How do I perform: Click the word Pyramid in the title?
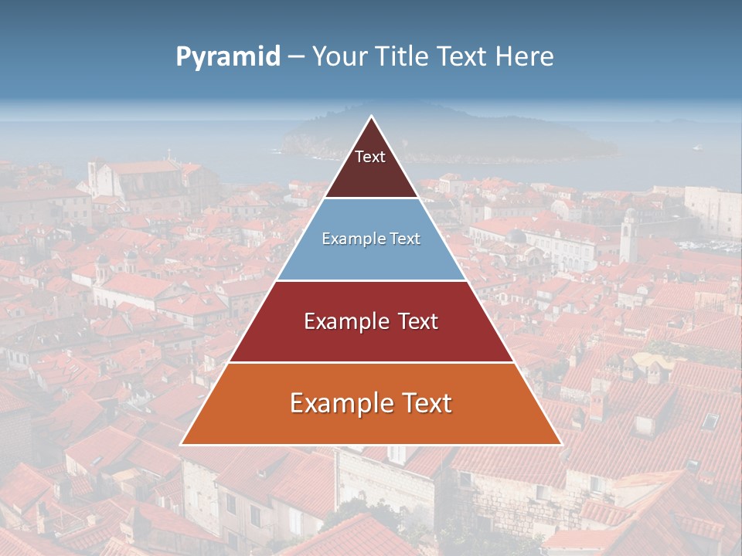tap(228, 57)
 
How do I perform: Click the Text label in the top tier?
tap(370, 157)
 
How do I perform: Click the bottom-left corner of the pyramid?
tap(182, 444)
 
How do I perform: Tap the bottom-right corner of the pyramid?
tap(560, 444)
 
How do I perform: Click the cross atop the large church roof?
tap(168, 153)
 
